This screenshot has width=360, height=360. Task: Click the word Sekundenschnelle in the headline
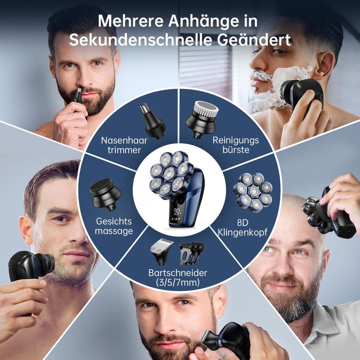140,40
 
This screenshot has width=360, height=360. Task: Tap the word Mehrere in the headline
130,21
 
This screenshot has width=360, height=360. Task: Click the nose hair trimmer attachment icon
153,121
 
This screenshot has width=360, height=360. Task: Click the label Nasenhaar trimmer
124,145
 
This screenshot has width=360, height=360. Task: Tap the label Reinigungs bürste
235,145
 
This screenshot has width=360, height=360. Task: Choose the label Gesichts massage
114,226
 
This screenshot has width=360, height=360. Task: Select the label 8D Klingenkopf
243,228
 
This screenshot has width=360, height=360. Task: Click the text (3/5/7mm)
178,282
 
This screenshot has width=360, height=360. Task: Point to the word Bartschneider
178,273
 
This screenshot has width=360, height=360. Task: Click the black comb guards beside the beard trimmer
191,253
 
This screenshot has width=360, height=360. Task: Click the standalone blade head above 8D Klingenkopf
253,193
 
